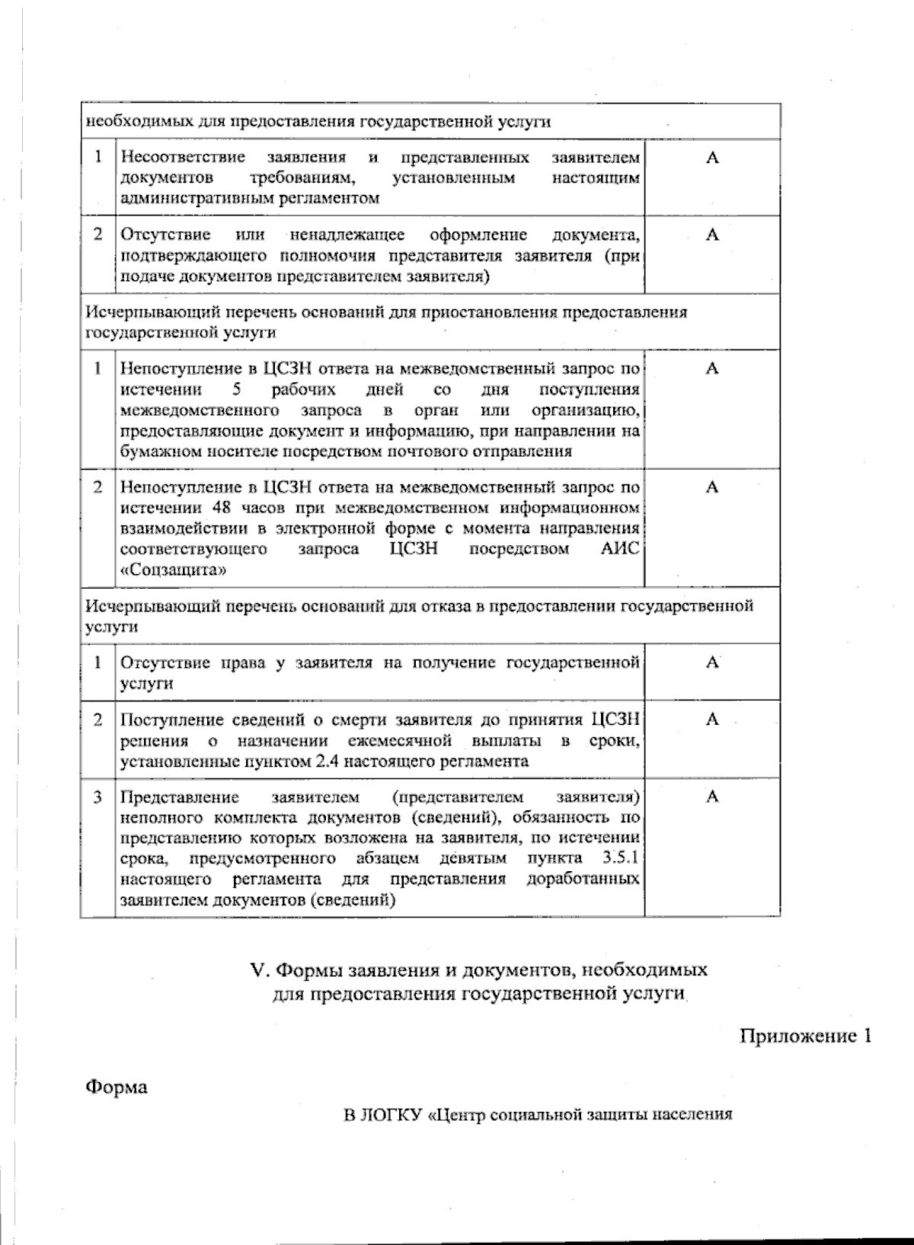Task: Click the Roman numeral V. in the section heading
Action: click(x=260, y=970)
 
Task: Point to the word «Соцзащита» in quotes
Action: click(x=173, y=570)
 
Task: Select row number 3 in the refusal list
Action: click(x=97, y=797)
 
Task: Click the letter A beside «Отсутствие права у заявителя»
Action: click(x=712, y=662)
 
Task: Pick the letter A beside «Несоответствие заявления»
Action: click(x=712, y=158)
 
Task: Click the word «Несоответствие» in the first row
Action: click(x=183, y=158)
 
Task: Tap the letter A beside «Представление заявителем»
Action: click(x=712, y=797)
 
